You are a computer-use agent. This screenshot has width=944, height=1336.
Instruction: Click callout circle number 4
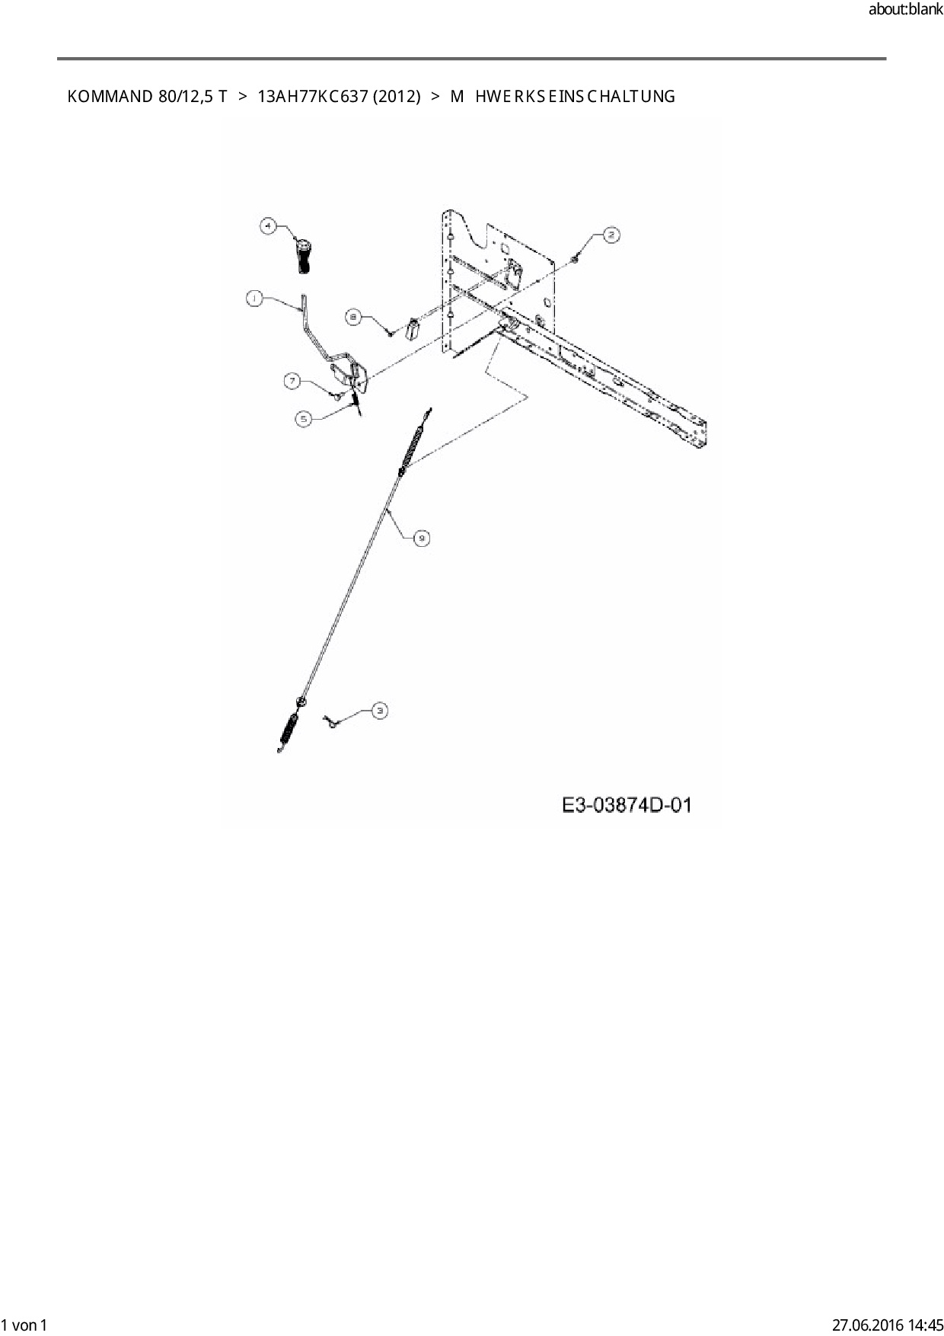(266, 225)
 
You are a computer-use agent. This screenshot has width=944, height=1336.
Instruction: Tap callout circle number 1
(254, 299)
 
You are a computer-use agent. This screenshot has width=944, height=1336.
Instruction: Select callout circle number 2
(611, 235)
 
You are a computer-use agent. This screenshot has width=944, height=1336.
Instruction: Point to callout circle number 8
(354, 318)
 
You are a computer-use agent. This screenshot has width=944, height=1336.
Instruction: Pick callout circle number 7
(293, 381)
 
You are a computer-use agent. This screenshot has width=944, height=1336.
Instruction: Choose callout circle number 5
(304, 418)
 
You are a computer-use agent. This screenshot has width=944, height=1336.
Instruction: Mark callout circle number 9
(421, 539)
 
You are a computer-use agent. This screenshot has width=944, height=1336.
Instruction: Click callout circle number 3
(379, 711)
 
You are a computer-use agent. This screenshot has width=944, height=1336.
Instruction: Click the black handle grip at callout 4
(303, 255)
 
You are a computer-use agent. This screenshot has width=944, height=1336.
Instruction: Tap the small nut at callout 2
(573, 260)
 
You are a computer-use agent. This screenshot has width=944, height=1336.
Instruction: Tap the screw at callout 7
(336, 395)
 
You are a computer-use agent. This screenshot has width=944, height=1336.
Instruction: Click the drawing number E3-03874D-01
(627, 805)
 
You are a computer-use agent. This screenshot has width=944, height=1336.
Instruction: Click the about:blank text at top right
(905, 11)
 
